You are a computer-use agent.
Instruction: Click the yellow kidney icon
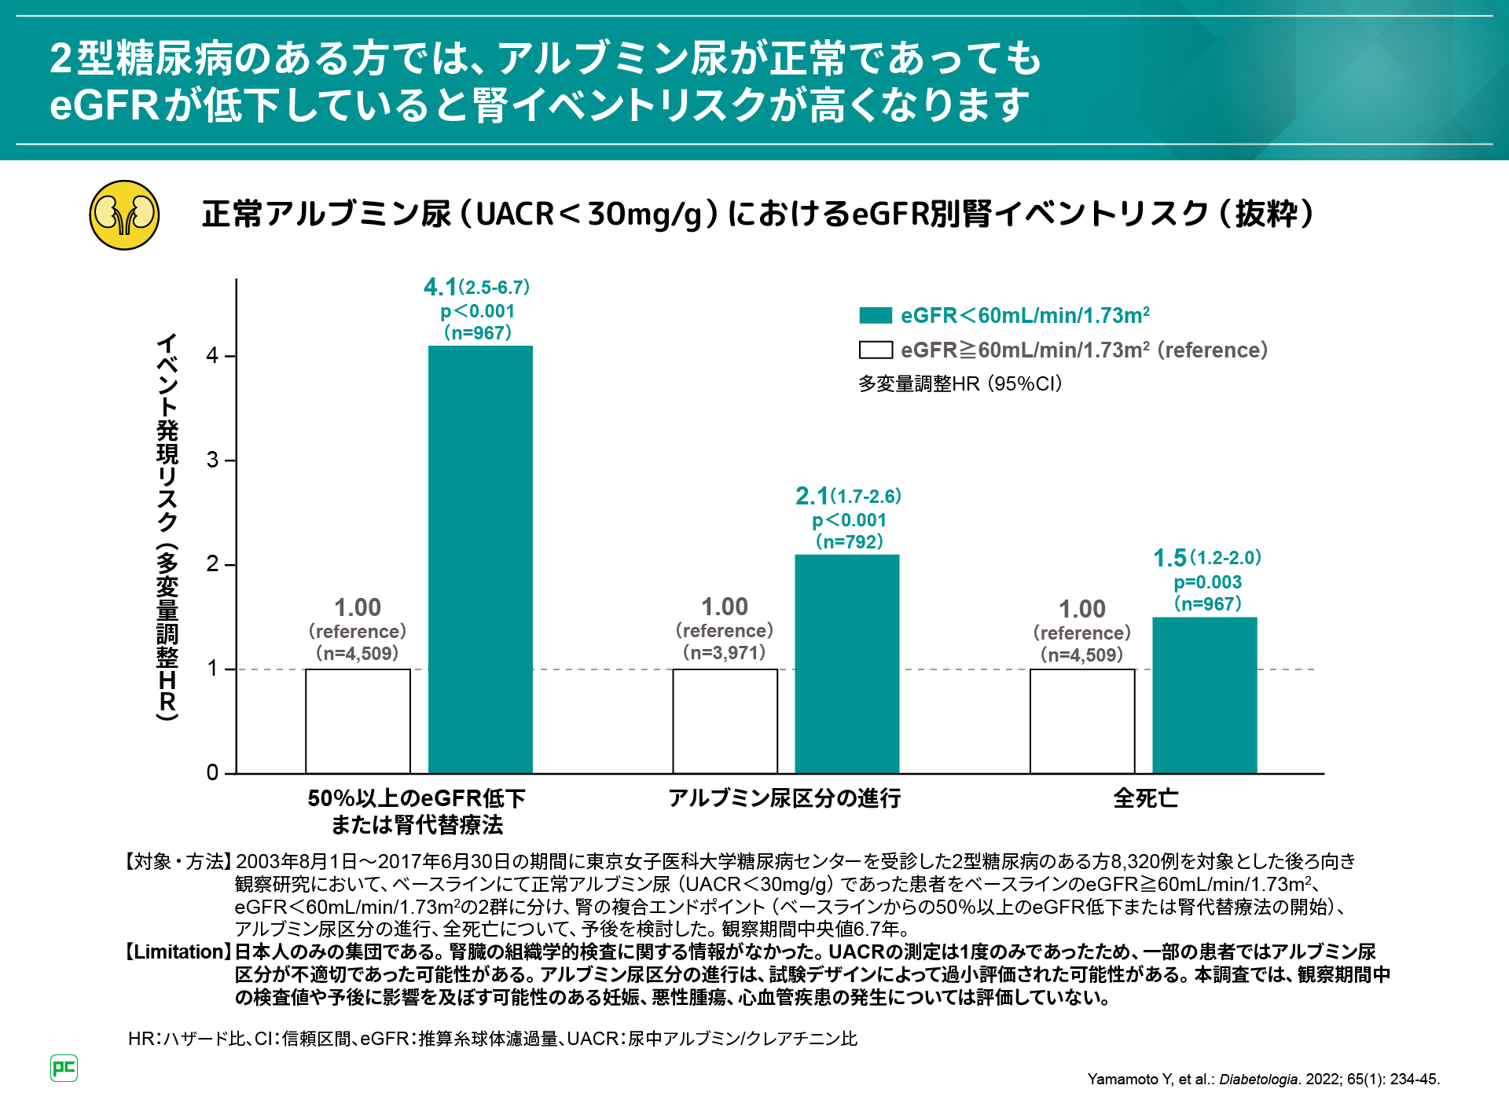[x=124, y=215]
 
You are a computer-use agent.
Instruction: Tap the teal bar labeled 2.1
[x=846, y=664]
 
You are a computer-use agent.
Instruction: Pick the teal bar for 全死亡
[x=1204, y=695]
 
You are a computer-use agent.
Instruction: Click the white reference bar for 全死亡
[x=1082, y=721]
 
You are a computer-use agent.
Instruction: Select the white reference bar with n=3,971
[x=725, y=721]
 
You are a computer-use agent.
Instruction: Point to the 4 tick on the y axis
[x=212, y=356]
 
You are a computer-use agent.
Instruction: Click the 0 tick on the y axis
[x=212, y=773]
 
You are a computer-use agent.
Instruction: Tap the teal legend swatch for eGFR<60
[x=876, y=316]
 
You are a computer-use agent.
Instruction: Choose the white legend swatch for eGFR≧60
[x=876, y=350]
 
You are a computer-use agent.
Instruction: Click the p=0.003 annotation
[x=1207, y=582]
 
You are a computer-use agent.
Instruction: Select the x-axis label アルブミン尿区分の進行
[x=784, y=798]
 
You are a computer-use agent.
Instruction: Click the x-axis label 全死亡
[x=1145, y=798]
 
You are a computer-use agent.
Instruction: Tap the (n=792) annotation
[x=849, y=541]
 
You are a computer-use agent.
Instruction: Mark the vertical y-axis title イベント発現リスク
[x=167, y=526]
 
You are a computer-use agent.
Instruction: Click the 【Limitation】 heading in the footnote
[x=178, y=952]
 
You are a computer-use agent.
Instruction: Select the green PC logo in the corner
[x=64, y=1068]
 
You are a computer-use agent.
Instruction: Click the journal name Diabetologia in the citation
[x=1258, y=1080]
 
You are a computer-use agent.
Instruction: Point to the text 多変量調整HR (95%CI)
[x=960, y=383]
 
